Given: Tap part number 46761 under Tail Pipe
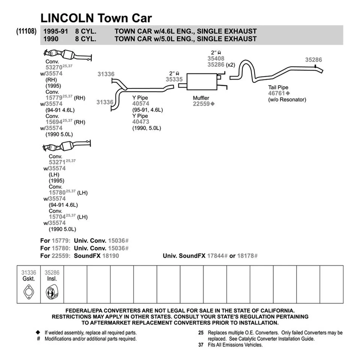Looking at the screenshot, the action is [x=276, y=93].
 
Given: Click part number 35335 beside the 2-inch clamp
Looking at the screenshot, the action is [x=174, y=79].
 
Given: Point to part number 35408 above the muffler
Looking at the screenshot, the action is [x=216, y=58].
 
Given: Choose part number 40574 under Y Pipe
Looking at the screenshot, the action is [x=141, y=103].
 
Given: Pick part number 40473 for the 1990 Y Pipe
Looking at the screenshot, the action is [x=141, y=121].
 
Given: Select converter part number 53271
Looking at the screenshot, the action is [x=57, y=162].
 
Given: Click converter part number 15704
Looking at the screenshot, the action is [x=57, y=216].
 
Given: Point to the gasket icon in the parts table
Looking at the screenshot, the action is [x=28, y=291].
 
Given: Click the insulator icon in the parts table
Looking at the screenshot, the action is [x=52, y=291].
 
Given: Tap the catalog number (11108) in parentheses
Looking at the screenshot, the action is [x=26, y=31].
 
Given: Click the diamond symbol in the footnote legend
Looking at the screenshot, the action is [x=38, y=333].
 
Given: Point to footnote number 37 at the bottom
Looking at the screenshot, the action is [x=201, y=345].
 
